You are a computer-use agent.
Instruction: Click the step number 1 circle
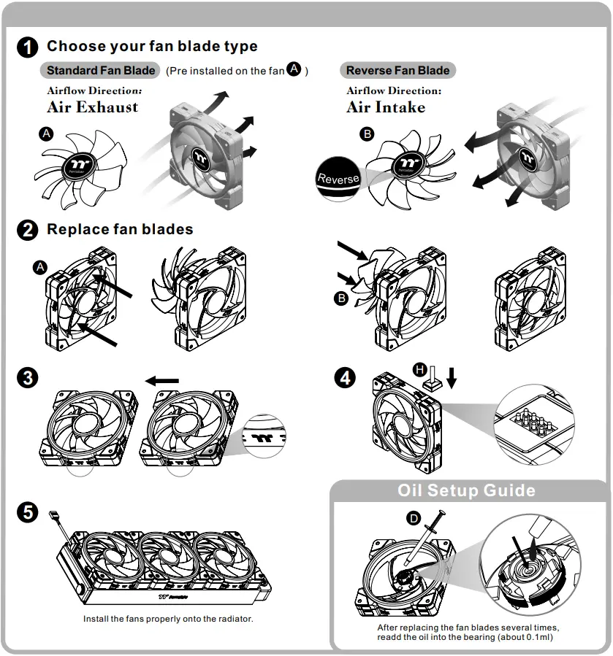click(x=27, y=47)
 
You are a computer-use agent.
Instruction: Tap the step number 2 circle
click(x=27, y=231)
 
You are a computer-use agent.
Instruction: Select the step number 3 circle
click(x=27, y=378)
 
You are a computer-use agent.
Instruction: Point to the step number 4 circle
click(x=344, y=378)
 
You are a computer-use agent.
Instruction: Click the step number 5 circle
click(x=27, y=512)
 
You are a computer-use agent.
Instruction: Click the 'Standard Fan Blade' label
click(x=100, y=71)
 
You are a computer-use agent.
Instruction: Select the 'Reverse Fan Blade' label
click(x=397, y=71)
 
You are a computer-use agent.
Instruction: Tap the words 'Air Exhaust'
click(x=92, y=107)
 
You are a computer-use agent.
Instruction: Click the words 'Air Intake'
click(x=385, y=107)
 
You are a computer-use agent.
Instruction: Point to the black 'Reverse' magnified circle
click(x=339, y=178)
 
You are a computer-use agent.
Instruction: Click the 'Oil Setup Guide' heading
click(x=466, y=490)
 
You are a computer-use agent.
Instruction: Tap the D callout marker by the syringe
click(x=414, y=518)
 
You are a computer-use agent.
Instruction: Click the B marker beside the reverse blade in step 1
click(x=368, y=134)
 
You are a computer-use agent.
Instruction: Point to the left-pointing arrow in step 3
click(x=161, y=380)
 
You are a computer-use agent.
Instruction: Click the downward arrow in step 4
click(x=451, y=377)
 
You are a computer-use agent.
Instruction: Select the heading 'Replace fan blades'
click(x=120, y=229)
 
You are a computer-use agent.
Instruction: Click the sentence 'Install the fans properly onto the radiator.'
click(x=168, y=619)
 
